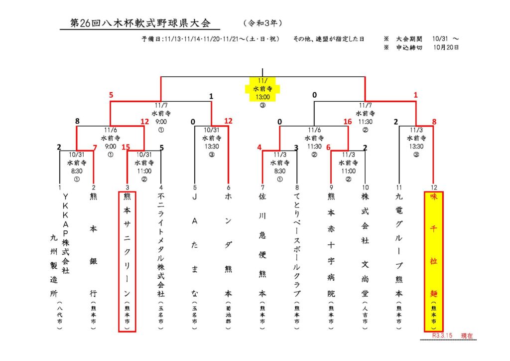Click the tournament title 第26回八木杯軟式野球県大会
tap(141, 23)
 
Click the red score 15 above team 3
tap(126, 148)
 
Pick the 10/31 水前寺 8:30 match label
tap(77, 166)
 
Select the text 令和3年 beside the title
tap(263, 23)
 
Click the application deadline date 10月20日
tap(446, 48)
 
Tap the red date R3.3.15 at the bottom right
tap(442, 336)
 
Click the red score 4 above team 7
tap(259, 148)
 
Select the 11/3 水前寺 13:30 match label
tap(416, 142)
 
